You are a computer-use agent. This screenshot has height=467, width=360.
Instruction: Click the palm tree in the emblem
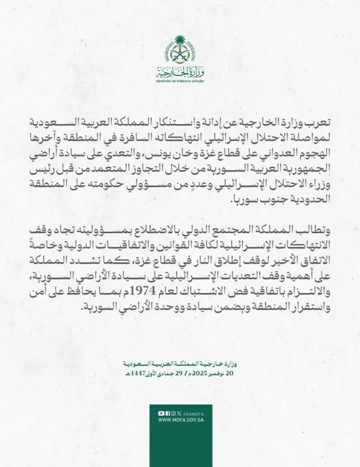pyautogui.click(x=179, y=46)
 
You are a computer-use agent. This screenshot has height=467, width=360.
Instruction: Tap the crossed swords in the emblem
pyautogui.click(x=179, y=57)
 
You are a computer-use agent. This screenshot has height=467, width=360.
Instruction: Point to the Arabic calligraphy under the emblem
pyautogui.click(x=179, y=72)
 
